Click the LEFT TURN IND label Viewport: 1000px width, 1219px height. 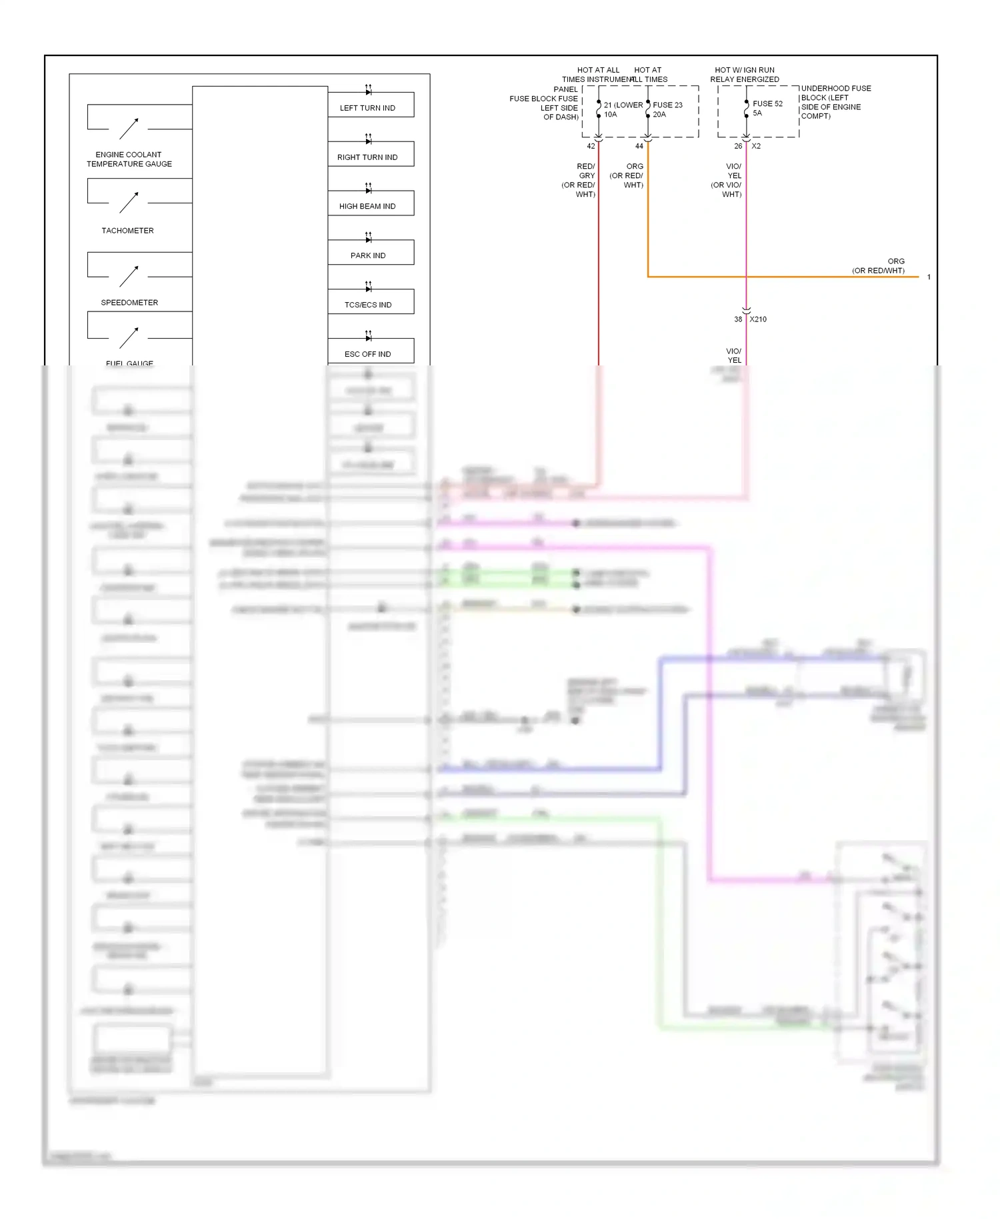(x=367, y=108)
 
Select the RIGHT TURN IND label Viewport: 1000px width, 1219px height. (x=367, y=157)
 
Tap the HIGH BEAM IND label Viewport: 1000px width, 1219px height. (x=367, y=207)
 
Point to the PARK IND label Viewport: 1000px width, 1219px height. (x=368, y=255)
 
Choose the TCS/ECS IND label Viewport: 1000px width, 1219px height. (x=368, y=305)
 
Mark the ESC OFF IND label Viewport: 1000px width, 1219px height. (x=368, y=354)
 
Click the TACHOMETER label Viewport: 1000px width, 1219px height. (x=127, y=231)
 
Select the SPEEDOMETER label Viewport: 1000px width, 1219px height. (x=129, y=303)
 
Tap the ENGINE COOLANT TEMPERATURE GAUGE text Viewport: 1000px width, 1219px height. (x=129, y=159)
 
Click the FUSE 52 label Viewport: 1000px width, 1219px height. (x=767, y=104)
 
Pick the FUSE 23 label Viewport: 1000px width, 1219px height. (x=667, y=105)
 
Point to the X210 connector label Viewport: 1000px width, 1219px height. (x=758, y=319)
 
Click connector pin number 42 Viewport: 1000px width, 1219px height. (x=591, y=146)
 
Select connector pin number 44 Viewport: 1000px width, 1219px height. (x=639, y=146)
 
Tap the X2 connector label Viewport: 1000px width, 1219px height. (x=756, y=146)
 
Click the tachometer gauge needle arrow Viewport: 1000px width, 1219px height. (x=129, y=203)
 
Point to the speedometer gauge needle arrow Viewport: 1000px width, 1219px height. (x=129, y=276)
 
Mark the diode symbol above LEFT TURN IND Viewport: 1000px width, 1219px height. (x=368, y=90)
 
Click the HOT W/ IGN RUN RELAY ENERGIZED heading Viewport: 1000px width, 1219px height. (x=745, y=75)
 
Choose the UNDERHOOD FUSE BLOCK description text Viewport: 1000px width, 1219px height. (x=835, y=102)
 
